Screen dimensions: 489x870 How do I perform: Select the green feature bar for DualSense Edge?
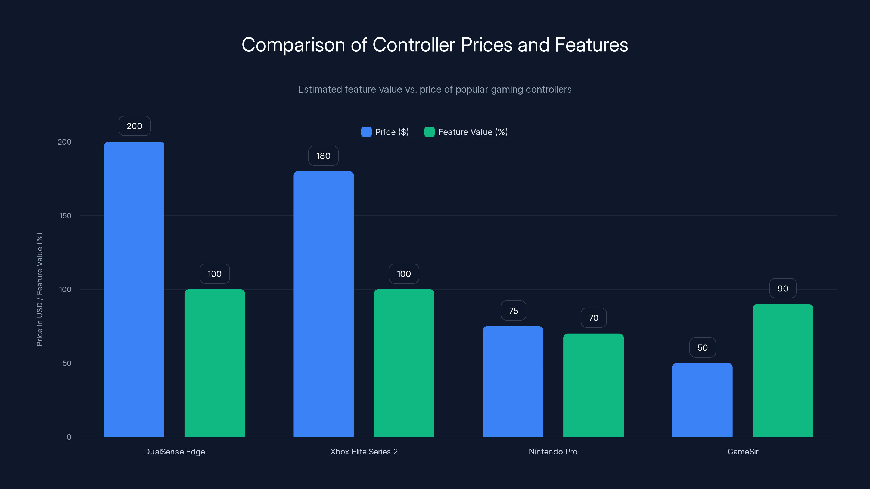(215, 363)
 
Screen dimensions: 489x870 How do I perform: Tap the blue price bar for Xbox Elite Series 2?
(323, 304)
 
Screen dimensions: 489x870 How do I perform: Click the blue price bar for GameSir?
(702, 400)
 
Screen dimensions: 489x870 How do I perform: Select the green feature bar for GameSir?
(782, 370)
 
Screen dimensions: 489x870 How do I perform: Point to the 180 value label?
(323, 156)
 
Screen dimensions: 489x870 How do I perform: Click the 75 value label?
(513, 311)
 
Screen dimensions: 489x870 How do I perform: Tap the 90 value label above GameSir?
(782, 289)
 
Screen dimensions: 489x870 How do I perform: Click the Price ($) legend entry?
(385, 132)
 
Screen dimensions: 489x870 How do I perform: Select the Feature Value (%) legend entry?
(466, 132)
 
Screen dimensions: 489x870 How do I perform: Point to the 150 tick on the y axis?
(65, 216)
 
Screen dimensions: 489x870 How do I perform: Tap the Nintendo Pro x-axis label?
(553, 452)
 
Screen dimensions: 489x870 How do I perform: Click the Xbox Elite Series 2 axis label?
(364, 452)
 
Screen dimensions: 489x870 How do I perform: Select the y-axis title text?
(39, 289)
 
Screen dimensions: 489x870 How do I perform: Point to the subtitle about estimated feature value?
(435, 89)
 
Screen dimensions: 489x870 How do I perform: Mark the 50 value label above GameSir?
(702, 348)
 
